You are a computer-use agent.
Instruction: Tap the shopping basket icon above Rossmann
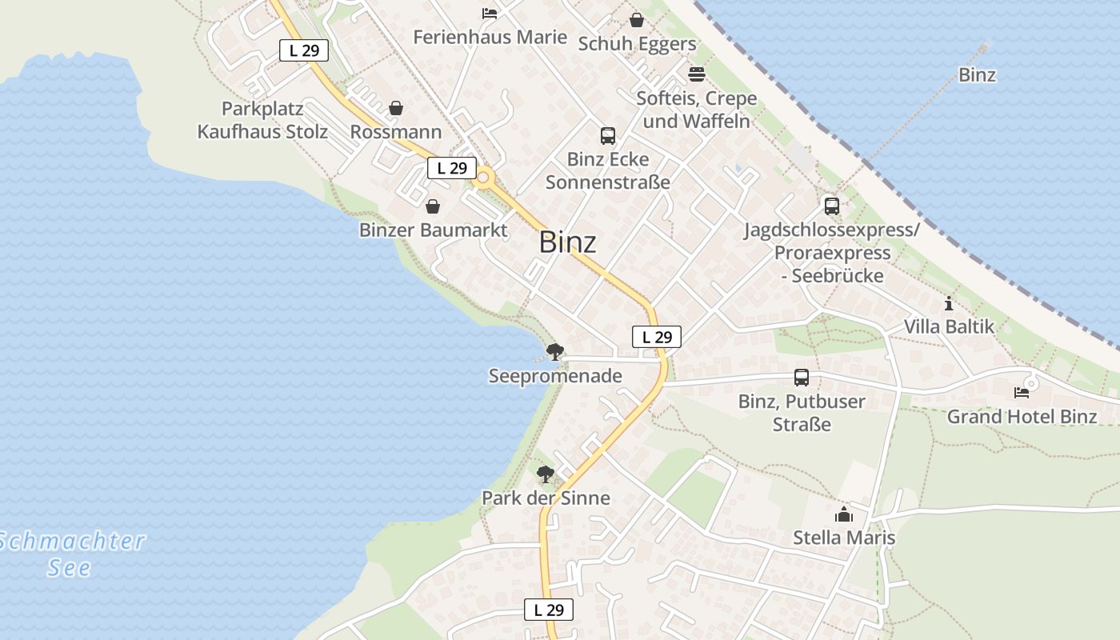point(396,108)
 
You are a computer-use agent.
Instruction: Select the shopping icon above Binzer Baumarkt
point(433,207)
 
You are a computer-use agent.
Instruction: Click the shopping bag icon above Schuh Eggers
point(637,20)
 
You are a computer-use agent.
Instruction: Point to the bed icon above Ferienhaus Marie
point(490,14)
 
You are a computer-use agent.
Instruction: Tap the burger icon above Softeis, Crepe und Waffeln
point(697,74)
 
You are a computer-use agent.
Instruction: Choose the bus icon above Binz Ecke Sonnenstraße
point(608,136)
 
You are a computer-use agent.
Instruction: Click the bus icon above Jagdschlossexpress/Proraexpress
point(832,206)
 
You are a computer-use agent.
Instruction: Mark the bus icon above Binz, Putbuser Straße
point(802,378)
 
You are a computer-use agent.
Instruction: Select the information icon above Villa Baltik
point(949,303)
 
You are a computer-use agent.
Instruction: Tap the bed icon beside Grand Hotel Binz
point(1022,392)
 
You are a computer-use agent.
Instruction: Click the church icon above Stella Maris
point(844,514)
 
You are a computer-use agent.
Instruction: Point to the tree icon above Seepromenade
point(555,352)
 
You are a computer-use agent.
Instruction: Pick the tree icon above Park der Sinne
point(546,474)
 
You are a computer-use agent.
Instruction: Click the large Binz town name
point(567,242)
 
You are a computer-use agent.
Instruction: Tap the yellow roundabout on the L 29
point(483,179)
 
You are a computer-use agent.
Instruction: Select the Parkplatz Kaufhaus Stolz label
point(262,120)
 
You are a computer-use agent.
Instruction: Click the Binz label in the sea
point(977,75)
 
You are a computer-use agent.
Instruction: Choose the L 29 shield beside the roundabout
point(452,168)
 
